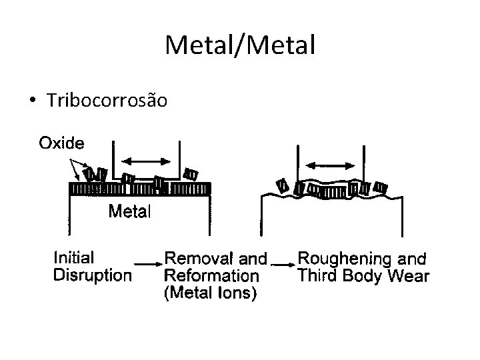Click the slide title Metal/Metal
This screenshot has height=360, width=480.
239,45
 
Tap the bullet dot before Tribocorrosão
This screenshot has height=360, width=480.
32,101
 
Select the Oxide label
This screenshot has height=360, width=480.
61,143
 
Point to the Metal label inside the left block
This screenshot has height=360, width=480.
130,212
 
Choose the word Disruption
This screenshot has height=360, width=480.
92,275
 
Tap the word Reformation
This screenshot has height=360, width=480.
211,275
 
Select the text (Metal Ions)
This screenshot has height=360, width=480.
210,293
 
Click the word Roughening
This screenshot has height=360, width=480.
345,258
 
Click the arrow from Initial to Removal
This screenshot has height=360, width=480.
148,263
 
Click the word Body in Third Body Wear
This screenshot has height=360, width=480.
365,275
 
